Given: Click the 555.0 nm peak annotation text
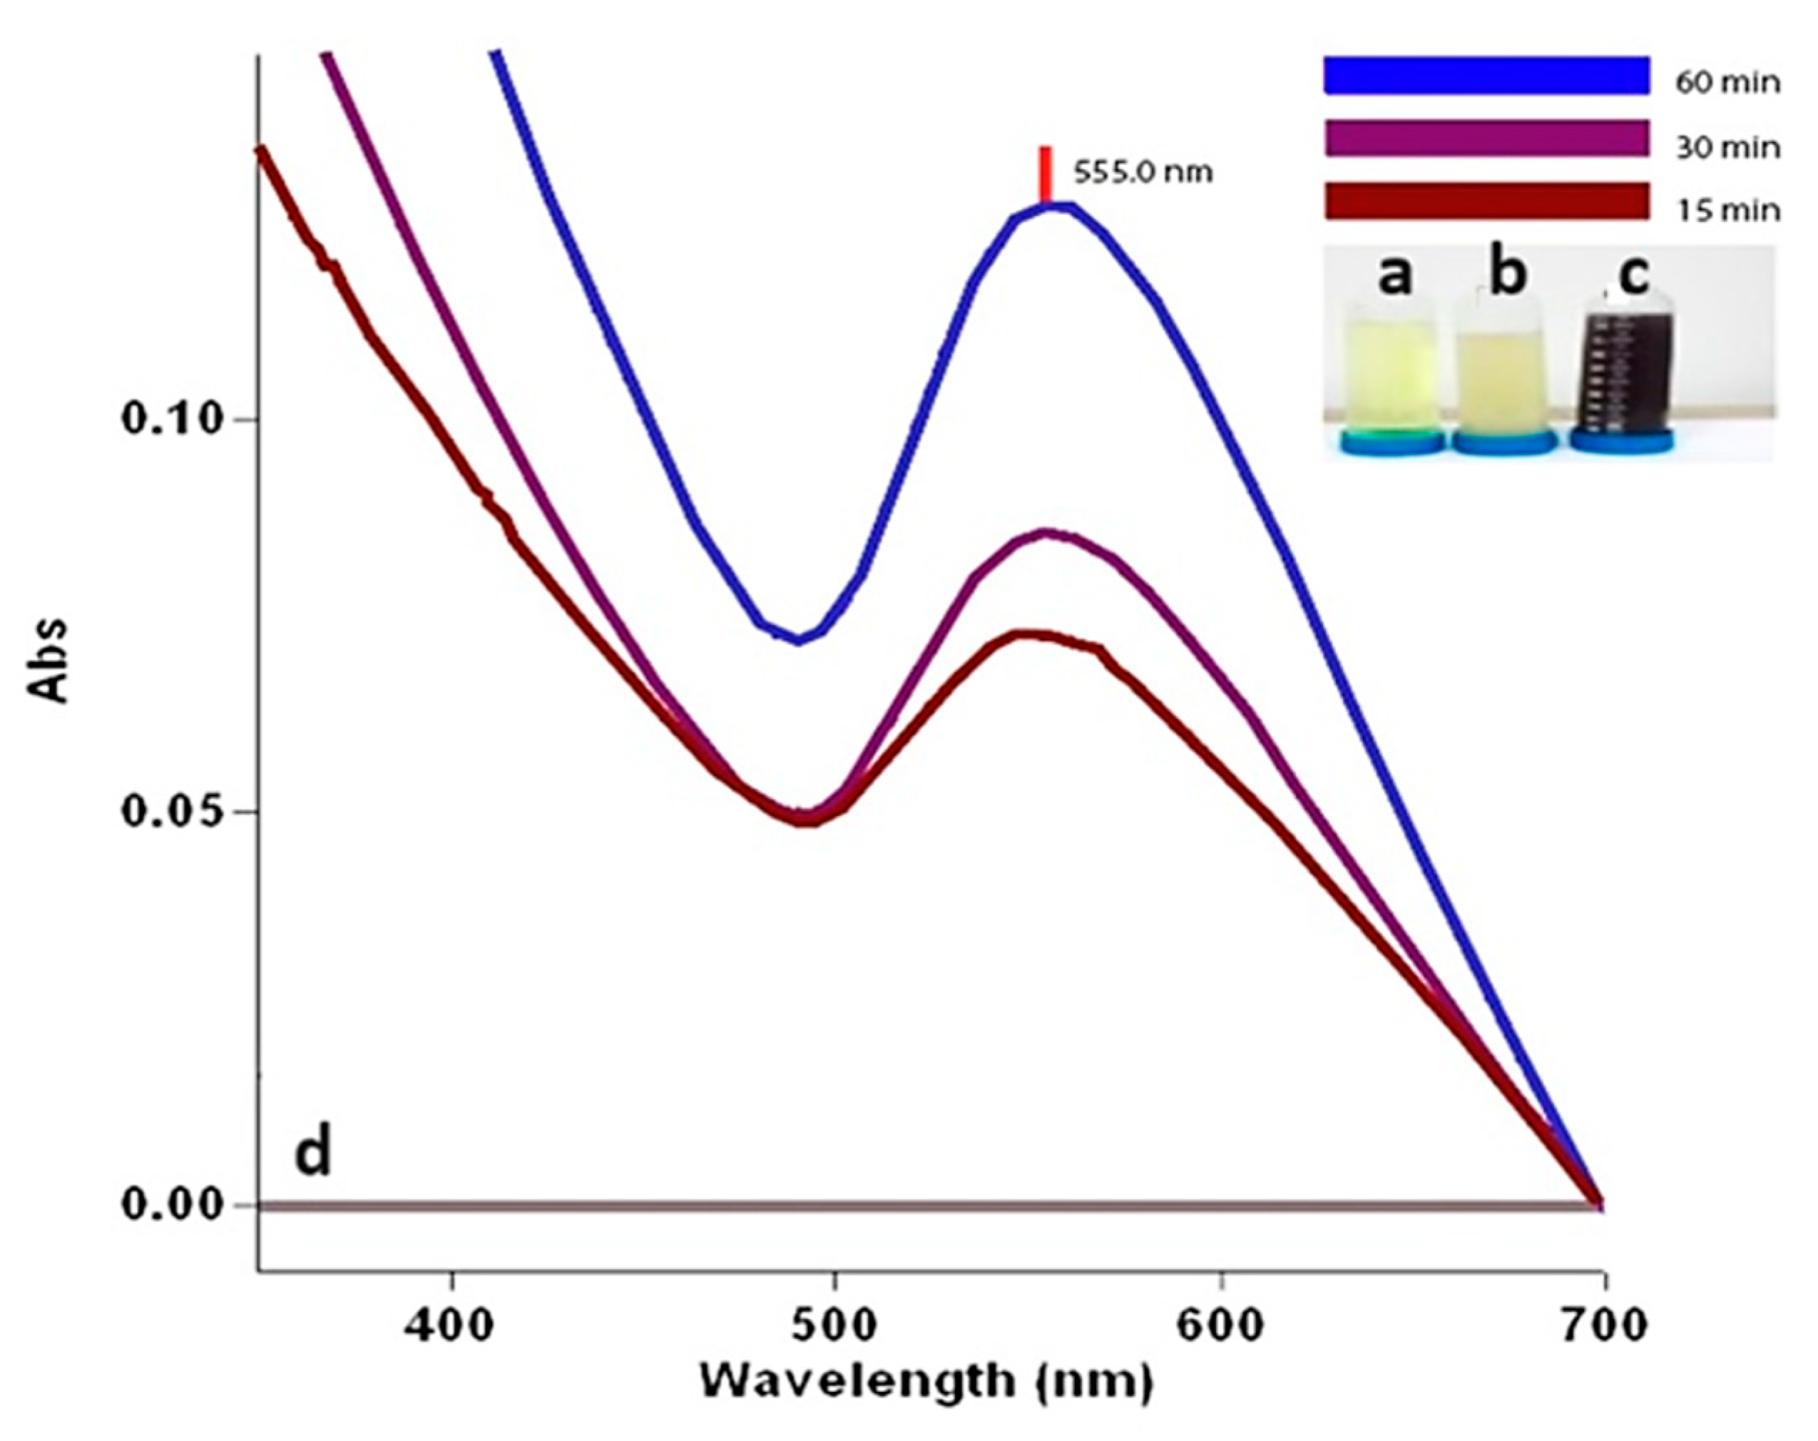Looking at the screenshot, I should pos(1143,173).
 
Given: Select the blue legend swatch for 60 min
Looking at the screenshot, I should pos(1486,76).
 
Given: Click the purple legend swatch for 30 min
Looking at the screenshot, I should pos(1486,138).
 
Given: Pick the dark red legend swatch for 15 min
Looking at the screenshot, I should pos(1486,201).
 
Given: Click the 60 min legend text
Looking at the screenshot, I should pos(1727,83).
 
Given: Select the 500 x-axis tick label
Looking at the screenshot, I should pos(833,1325).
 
